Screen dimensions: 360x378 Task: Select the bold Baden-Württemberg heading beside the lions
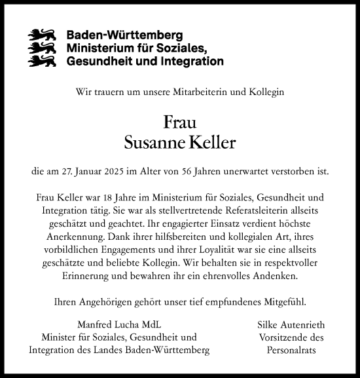(x=125, y=35)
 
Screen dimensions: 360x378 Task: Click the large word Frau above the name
(x=179, y=123)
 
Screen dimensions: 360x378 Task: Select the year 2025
(x=127, y=172)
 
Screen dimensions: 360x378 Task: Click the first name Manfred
(x=94, y=326)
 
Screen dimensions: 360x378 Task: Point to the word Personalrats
(x=293, y=350)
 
